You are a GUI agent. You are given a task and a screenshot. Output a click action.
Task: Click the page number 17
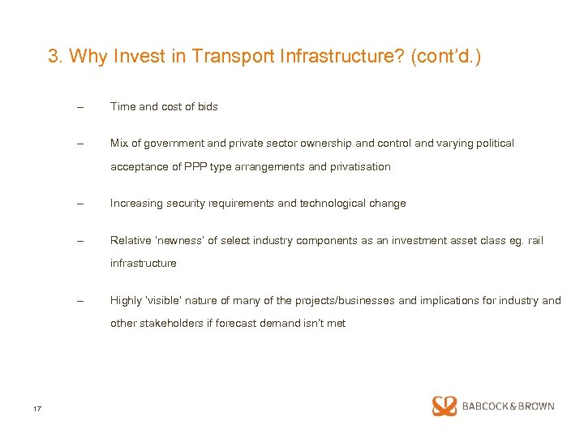click(x=37, y=408)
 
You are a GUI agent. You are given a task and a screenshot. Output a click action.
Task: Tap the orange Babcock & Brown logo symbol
click(x=444, y=406)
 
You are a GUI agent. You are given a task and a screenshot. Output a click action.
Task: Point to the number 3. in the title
click(x=56, y=56)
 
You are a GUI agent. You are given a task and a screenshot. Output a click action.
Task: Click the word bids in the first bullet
click(x=207, y=106)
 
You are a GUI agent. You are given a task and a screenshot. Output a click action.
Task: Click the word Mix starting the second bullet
click(x=119, y=143)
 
